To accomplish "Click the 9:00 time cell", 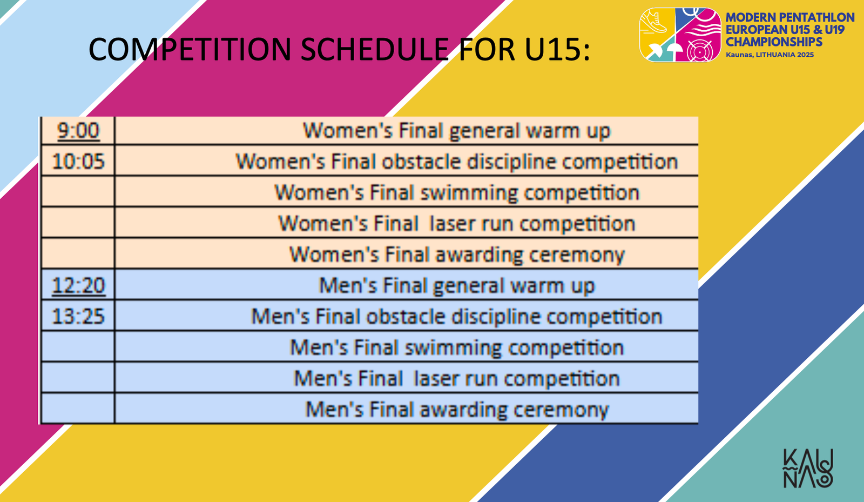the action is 78,130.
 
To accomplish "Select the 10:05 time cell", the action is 78,161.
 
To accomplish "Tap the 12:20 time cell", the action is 78,285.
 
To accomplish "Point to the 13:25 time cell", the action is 78,317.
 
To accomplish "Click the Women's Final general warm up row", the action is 457,131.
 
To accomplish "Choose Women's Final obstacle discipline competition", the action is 457,162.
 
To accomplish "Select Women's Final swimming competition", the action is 457,192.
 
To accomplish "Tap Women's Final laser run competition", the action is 457,224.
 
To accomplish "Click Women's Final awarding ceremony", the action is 457,255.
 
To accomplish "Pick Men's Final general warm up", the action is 457,286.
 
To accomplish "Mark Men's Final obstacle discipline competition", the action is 457,317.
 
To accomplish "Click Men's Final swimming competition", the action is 457,347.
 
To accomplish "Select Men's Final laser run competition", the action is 457,378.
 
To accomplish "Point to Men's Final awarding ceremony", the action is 457,410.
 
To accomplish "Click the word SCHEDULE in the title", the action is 375,49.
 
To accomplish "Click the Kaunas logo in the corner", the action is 808,468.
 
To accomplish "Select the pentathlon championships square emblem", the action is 680,35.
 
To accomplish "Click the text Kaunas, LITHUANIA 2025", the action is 770,55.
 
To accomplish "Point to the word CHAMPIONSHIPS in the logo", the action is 774,42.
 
